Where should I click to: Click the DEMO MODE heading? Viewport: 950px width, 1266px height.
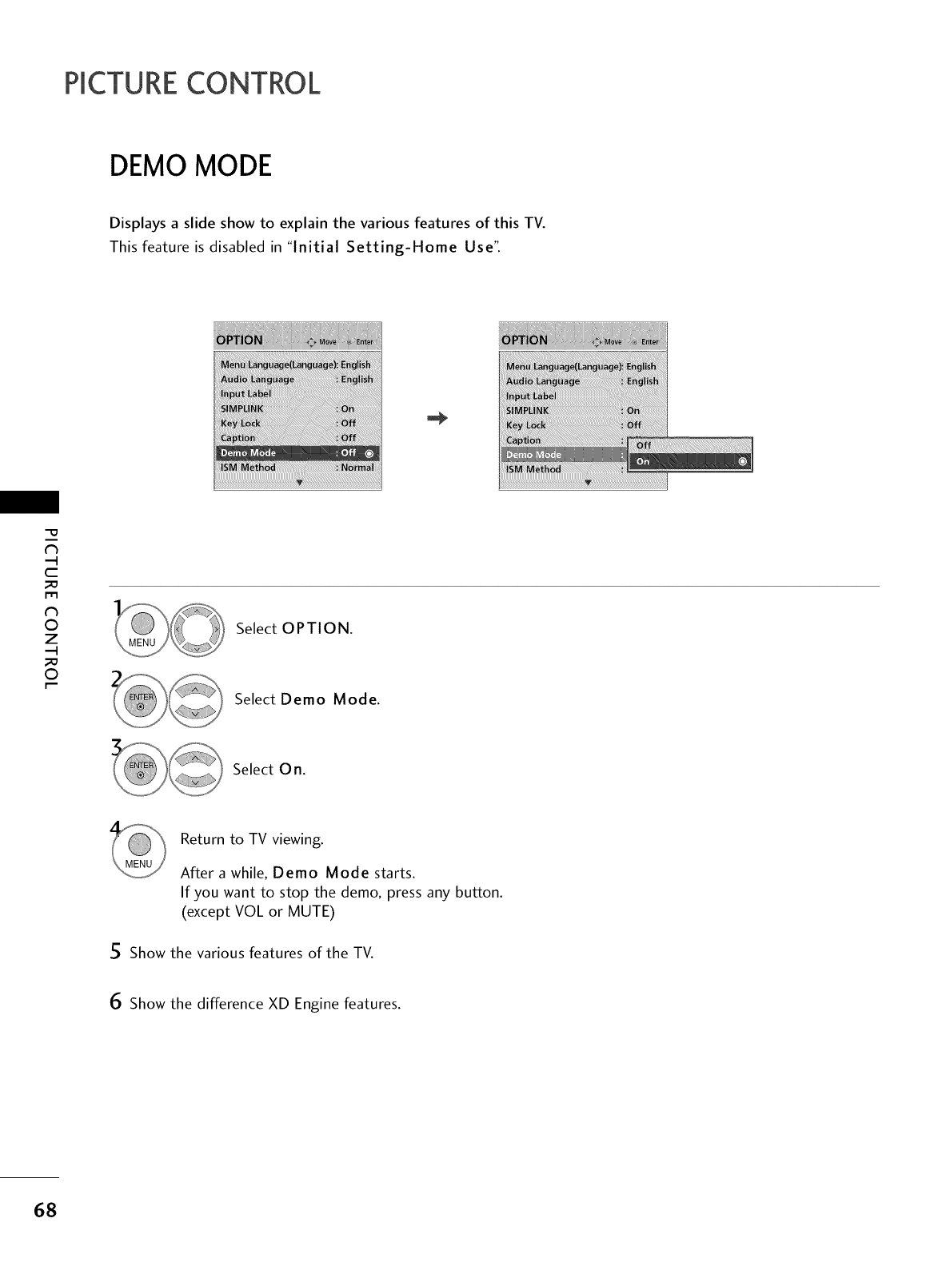(x=191, y=166)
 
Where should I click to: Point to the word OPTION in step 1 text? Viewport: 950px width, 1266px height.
(x=316, y=628)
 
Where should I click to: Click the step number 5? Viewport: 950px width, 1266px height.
(x=116, y=952)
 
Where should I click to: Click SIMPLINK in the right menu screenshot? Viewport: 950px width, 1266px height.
(x=529, y=411)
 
